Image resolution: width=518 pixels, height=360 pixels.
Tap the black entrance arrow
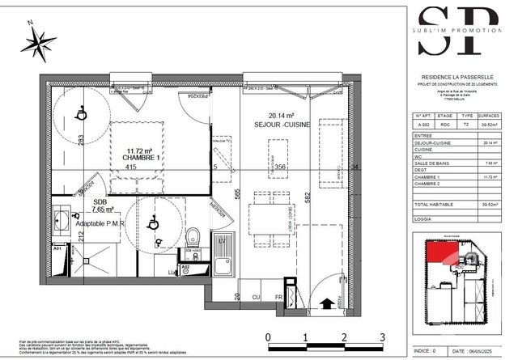[327, 304]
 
